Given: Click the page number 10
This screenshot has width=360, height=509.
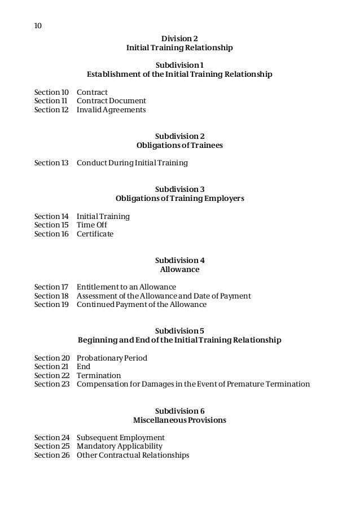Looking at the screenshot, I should point(38,26).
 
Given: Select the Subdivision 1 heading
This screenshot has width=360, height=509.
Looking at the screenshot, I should point(179,65).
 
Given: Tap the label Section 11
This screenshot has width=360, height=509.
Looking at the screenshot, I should point(51,101).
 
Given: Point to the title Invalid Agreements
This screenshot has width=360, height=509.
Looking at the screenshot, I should point(111,110).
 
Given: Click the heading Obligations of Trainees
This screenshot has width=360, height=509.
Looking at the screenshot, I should point(179,146).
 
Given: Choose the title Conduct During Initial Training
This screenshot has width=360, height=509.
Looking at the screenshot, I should point(132,163).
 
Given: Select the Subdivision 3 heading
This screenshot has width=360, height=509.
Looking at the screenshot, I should point(179,190).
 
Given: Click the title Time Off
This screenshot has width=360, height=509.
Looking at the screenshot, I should point(92,225).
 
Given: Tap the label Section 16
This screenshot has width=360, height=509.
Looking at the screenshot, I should point(51,234).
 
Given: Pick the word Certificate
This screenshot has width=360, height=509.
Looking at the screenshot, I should point(95,234).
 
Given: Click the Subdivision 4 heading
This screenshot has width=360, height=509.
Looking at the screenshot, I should point(179,261).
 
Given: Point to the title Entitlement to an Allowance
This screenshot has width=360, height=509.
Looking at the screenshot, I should point(126,287).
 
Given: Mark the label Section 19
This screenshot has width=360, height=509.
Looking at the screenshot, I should point(51,305).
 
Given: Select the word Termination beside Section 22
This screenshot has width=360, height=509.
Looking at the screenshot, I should point(99,376).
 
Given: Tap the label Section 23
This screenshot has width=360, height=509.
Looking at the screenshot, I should point(51,384).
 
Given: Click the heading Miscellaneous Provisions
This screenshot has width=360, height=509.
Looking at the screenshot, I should point(179,420).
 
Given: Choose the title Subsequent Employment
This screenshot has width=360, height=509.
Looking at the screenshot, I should point(121,438).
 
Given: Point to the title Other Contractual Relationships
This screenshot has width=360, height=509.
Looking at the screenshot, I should point(133,455).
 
